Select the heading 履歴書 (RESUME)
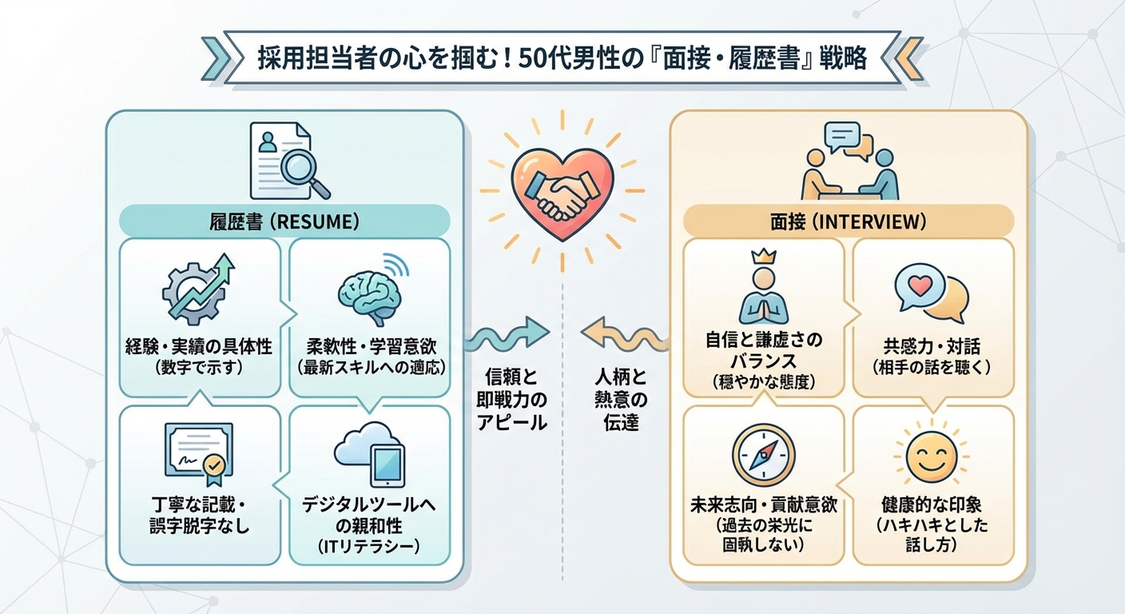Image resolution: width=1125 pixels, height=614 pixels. [284, 221]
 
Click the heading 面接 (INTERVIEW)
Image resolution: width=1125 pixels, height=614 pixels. [848, 221]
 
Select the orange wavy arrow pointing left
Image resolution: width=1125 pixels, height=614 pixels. [622, 336]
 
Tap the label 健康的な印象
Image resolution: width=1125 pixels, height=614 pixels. [932, 505]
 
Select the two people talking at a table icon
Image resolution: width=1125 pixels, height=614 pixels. [849, 164]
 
